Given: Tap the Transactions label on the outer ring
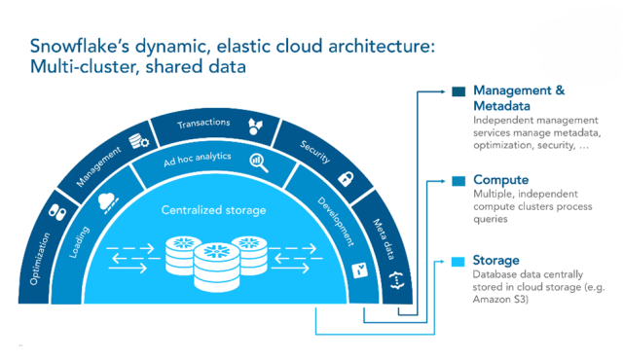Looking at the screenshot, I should (x=203, y=124).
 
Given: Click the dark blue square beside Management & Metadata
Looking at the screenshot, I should (x=458, y=92).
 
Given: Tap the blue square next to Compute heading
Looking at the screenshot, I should (x=458, y=181).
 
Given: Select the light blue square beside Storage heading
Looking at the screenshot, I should (x=458, y=262).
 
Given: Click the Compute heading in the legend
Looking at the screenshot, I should (x=500, y=180).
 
